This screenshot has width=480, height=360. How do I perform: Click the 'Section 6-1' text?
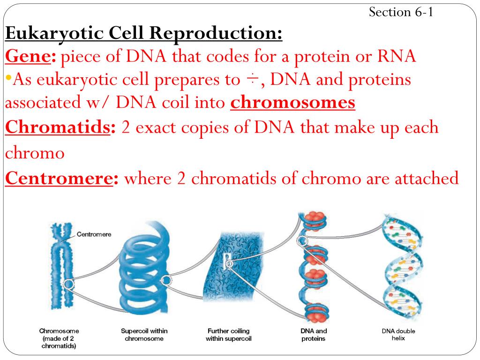(x=400, y=12)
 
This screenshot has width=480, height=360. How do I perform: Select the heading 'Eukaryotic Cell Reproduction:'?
(x=144, y=34)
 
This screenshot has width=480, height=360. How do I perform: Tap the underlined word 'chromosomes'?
(x=292, y=103)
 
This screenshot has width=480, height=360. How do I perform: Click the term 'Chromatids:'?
(x=60, y=127)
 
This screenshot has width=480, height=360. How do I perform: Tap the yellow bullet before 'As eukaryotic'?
(x=8, y=77)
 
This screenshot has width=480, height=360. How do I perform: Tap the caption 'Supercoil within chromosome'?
(x=144, y=335)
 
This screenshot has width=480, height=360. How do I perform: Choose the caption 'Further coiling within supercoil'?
(x=229, y=335)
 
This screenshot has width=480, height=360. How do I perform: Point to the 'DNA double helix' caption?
(x=398, y=335)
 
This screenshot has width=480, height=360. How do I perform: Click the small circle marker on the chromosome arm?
(x=69, y=284)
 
